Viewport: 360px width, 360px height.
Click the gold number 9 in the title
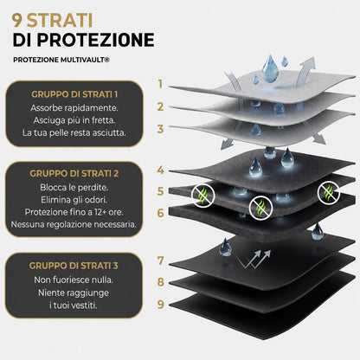[x=17, y=20]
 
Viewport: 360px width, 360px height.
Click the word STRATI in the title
[x=60, y=20]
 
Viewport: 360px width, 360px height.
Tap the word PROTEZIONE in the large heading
[x=96, y=40]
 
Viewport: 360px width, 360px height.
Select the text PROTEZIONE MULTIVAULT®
[x=61, y=60]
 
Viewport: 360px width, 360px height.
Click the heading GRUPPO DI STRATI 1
[x=74, y=94]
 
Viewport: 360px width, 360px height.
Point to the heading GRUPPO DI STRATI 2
[x=74, y=173]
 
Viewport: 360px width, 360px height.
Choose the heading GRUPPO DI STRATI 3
[x=74, y=266]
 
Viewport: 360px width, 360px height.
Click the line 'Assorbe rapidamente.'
[x=74, y=108]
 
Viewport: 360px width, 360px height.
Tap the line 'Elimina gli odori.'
[x=74, y=200]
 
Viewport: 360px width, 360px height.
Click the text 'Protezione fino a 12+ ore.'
[x=74, y=212]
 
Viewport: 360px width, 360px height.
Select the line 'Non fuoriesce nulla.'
[x=74, y=280]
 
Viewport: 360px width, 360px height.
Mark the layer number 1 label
[x=160, y=84]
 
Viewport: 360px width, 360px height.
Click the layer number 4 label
[x=161, y=170]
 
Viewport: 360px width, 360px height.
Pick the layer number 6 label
[x=161, y=213]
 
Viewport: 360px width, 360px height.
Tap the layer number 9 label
[x=161, y=304]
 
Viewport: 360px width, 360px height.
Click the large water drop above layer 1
[x=270, y=68]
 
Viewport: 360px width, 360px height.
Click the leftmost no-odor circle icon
[x=203, y=196]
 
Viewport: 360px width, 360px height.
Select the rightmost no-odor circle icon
[x=329, y=193]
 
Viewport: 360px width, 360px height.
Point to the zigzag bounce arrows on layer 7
[x=254, y=259]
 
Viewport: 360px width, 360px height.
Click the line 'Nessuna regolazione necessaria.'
[x=74, y=224]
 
